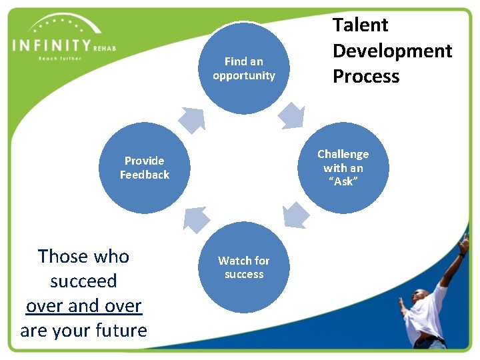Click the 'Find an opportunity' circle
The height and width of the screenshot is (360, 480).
tap(244, 69)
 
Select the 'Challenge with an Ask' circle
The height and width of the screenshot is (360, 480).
tap(343, 168)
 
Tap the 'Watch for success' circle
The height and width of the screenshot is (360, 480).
tap(244, 267)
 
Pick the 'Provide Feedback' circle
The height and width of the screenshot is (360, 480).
tap(145, 168)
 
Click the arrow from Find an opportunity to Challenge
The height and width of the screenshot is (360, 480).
tap(291, 115)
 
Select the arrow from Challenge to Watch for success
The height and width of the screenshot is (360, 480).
tap(296, 215)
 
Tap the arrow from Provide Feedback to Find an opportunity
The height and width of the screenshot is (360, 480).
tap(191, 119)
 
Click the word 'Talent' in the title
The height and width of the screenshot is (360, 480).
tap(360, 25)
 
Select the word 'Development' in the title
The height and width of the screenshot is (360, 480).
tap(392, 51)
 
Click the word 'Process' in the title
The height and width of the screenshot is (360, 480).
tap(366, 76)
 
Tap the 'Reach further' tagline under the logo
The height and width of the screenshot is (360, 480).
tap(59, 59)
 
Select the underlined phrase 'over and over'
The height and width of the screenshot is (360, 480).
tap(84, 305)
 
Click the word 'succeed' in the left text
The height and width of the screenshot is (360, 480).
tap(84, 281)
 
